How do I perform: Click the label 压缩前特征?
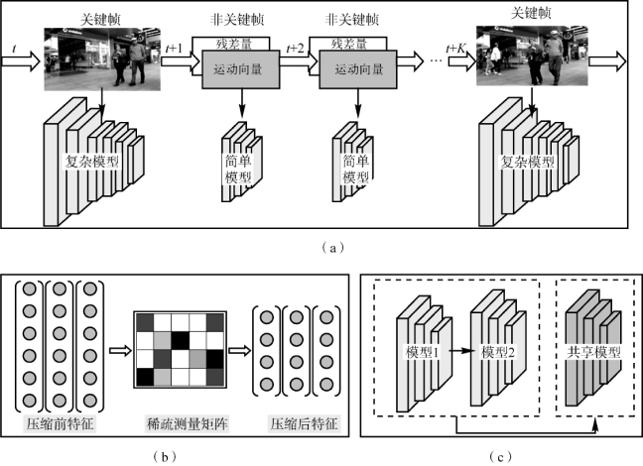pyautogui.click(x=60, y=423)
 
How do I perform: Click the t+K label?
pyautogui.click(x=458, y=47)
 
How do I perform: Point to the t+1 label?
pyautogui.click(x=173, y=47)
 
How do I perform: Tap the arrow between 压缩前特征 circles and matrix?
pyautogui.click(x=117, y=349)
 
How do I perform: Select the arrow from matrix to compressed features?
pyautogui.click(x=238, y=349)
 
